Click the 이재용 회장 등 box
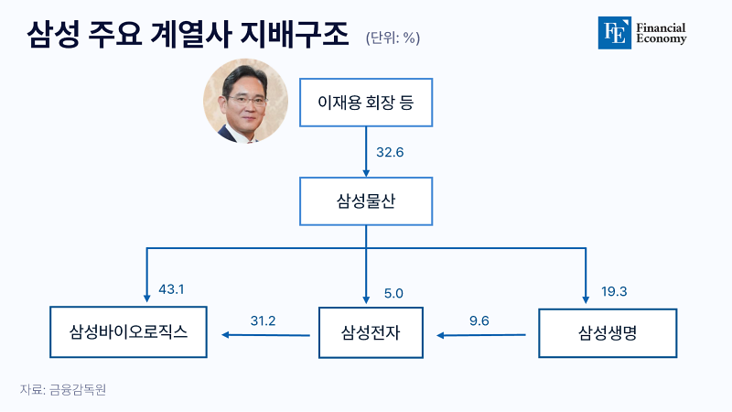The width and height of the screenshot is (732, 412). [x=366, y=103]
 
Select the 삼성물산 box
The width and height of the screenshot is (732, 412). [x=366, y=201]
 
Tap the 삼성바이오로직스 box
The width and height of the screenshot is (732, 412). [x=128, y=332]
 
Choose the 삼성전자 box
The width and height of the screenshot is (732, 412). [x=371, y=332]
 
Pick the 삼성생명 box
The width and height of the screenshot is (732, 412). [x=608, y=333]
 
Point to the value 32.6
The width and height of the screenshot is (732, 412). [x=390, y=152]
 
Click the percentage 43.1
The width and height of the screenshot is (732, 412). [x=171, y=289]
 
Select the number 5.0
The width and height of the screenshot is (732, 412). [x=393, y=293]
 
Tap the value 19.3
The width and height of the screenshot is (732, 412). [x=614, y=291]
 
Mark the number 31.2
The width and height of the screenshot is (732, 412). [x=263, y=321]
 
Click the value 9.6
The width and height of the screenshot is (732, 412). [x=479, y=321]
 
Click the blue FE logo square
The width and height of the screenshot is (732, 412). [x=614, y=33]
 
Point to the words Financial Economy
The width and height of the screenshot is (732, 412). [x=661, y=33]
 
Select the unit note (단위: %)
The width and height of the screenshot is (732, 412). [x=393, y=38]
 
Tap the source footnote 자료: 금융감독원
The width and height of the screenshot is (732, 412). [x=63, y=389]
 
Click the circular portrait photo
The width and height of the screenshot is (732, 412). [x=245, y=101]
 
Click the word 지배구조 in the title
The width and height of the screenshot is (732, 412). [x=295, y=34]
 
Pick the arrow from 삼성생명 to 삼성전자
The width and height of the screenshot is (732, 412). [x=481, y=335]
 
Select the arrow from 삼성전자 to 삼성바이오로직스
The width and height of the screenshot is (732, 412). [x=265, y=335]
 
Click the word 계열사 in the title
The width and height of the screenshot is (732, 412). [x=191, y=34]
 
